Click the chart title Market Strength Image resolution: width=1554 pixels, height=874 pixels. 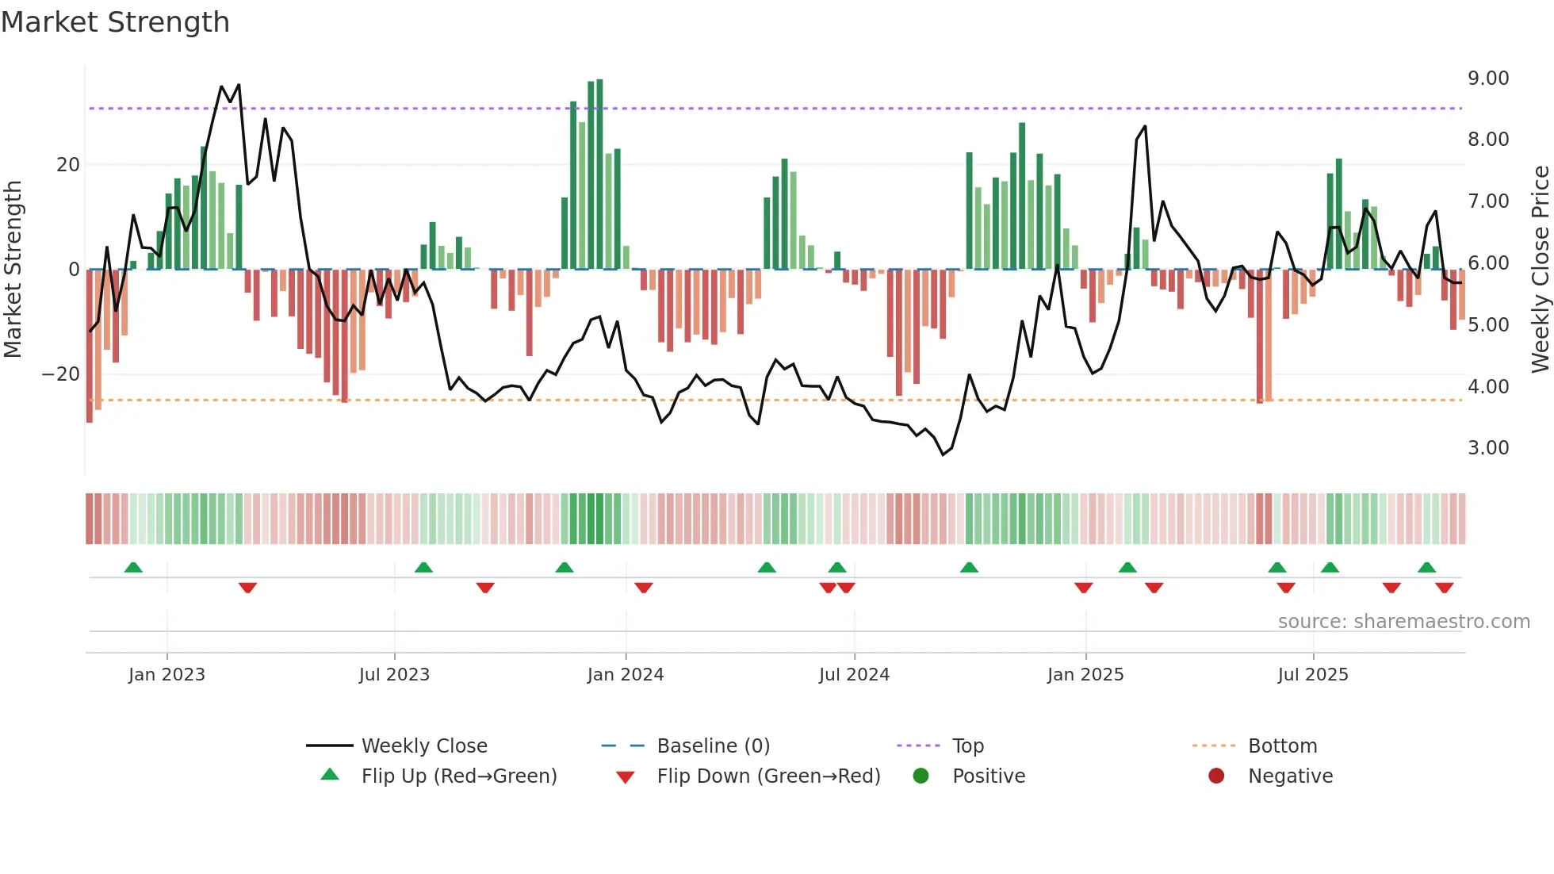coord(115,22)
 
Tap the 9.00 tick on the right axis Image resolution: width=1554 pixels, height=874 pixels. coord(1487,79)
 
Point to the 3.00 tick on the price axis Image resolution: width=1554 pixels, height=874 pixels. coord(1487,448)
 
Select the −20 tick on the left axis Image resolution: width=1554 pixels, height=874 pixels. coord(61,374)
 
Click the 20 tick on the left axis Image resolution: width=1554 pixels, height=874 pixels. coord(68,165)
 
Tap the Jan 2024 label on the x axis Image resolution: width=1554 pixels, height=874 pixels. coord(625,675)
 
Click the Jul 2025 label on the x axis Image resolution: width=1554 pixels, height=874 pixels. coord(1312,675)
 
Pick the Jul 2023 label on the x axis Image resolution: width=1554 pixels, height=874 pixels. coord(394,675)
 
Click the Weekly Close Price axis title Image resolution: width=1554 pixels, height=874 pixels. coord(1540,270)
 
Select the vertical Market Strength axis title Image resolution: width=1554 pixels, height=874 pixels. coord(13,270)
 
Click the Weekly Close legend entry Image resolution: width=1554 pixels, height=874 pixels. coord(423,746)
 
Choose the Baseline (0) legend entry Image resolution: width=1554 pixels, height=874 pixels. coord(713,746)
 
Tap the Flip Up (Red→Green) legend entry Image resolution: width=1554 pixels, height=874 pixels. coord(458,776)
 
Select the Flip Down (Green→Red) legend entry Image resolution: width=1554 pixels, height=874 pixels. coord(767,776)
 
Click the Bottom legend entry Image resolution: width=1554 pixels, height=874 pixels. coord(1282,746)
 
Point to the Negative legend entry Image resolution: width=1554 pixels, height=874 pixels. coord(1290,776)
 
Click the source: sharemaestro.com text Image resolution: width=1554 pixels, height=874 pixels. coord(1403,622)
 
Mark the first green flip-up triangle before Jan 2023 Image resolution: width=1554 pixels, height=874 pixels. coord(133,568)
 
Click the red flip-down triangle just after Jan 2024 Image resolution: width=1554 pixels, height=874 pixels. coord(644,588)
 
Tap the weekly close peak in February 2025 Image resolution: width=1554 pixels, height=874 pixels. coord(1144,126)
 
